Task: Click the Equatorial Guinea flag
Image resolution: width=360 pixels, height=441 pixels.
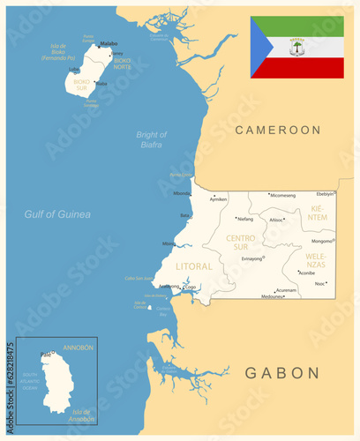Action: coord(296,47)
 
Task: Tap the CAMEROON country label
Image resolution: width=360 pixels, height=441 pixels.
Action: coord(277,130)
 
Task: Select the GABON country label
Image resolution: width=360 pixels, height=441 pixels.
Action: coord(282,373)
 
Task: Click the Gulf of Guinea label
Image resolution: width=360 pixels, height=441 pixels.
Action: coord(57,214)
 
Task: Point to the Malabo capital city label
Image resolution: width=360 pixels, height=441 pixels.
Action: coord(109,42)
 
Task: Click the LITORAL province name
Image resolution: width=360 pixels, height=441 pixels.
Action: coord(194,265)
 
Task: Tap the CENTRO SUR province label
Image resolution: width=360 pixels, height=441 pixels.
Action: coord(241,243)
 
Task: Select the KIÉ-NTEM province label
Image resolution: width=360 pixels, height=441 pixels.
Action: coord(318,212)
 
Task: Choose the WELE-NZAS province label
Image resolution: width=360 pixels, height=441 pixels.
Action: coord(315,260)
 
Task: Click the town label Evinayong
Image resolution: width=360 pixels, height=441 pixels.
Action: coord(251,258)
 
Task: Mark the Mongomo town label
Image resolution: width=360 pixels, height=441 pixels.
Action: coord(321,241)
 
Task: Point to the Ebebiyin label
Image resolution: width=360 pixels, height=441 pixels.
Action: coord(326,193)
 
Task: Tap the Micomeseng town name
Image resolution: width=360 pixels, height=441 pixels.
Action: coord(282,195)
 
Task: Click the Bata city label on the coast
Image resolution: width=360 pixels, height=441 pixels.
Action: coord(185,215)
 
